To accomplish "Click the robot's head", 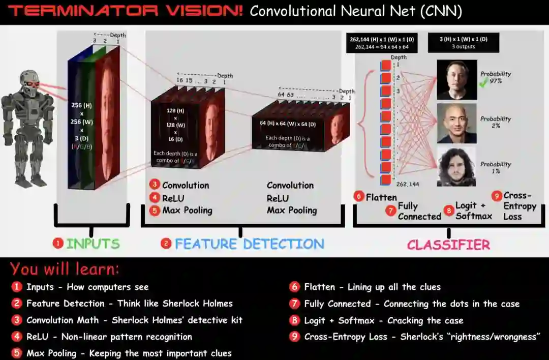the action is coord(29,83).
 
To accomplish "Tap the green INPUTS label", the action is coord(93,244).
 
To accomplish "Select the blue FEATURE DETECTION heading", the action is coord(249,244).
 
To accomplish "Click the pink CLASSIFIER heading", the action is coord(448,245).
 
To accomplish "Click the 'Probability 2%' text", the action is coord(495,122).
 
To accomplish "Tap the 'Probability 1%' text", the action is coord(495,168).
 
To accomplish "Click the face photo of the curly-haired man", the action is coord(456,167).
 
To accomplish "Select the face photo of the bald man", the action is coord(456,124).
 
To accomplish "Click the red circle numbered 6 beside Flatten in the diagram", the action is coord(359,196).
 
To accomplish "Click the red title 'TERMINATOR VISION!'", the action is coord(126,11).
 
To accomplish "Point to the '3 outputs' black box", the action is coord(463,42).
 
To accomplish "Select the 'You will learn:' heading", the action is coord(65,268).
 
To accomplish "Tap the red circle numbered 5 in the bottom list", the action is coord(17,353).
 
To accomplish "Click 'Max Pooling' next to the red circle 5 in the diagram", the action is coord(187,210).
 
